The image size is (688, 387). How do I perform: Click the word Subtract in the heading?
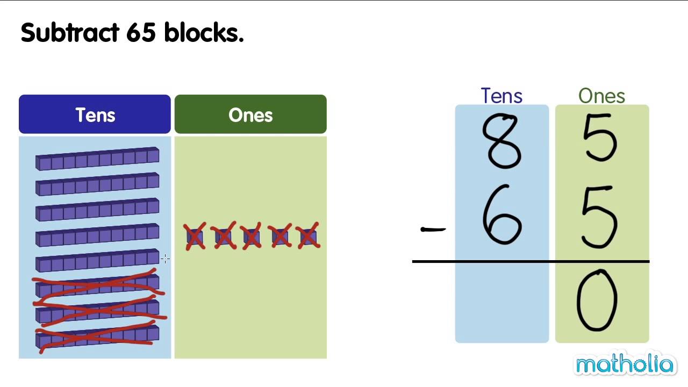click(69, 33)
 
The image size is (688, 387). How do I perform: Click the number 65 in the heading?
click(141, 33)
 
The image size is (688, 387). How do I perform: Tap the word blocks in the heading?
click(204, 33)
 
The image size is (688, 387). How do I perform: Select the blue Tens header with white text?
click(95, 114)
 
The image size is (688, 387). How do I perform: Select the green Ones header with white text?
click(250, 114)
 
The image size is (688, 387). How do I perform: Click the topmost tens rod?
click(97, 159)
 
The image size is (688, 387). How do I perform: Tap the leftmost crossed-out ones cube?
click(195, 236)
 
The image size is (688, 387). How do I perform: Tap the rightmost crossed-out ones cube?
click(308, 236)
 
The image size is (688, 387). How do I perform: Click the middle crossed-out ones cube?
click(251, 236)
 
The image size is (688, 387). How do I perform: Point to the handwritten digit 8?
click(501, 141)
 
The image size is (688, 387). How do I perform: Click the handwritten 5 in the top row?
click(600, 138)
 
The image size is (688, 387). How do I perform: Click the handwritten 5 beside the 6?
click(600, 218)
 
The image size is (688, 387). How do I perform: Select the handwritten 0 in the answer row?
click(597, 301)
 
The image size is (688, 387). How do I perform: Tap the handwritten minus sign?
click(433, 230)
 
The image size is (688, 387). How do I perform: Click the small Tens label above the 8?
click(501, 96)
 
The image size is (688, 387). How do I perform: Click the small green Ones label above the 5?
click(601, 96)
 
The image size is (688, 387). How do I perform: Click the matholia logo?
click(624, 365)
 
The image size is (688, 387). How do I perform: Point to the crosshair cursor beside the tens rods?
click(165, 259)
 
